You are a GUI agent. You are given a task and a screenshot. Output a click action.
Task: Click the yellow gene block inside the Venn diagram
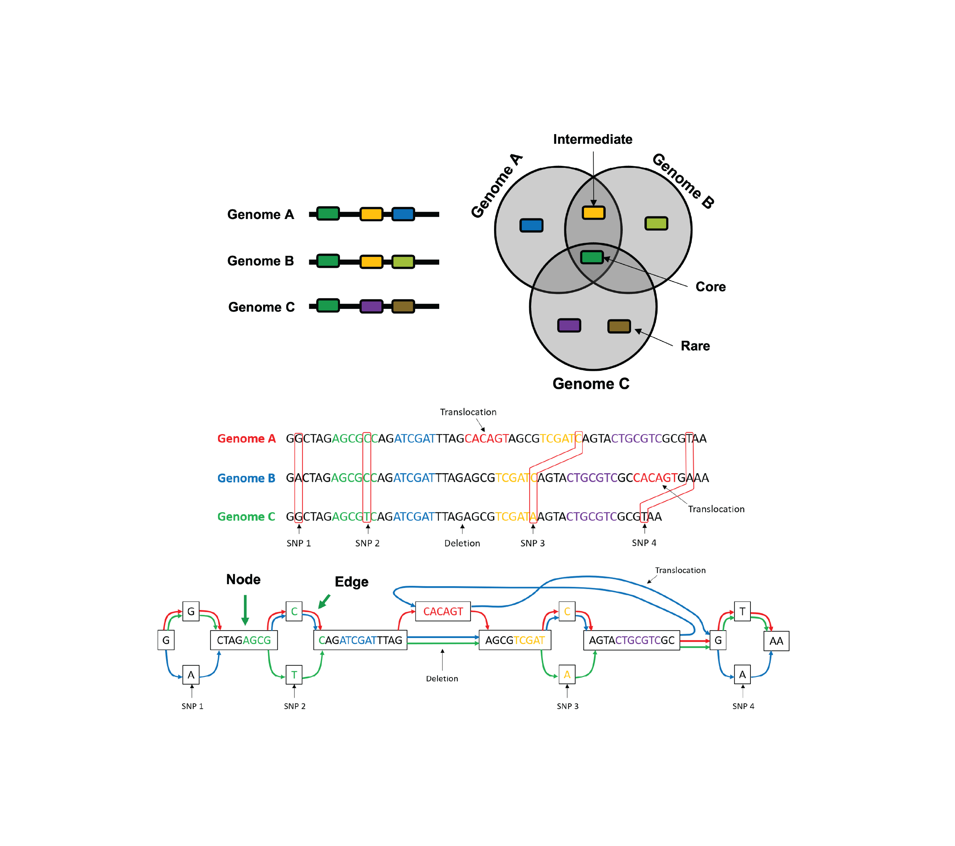(593, 213)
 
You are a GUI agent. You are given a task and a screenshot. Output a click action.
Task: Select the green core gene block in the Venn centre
(592, 257)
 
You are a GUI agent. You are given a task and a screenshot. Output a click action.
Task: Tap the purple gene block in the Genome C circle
(569, 325)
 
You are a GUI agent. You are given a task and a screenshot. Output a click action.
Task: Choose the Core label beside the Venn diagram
(710, 287)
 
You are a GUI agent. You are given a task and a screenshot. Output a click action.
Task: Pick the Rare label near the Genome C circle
(695, 346)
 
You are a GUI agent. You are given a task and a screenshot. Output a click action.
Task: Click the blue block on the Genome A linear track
(403, 214)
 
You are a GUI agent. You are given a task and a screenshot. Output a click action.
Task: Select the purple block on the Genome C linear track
(371, 307)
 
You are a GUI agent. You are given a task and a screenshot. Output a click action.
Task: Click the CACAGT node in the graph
(443, 611)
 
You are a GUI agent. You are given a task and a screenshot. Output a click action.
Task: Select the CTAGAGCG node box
(244, 640)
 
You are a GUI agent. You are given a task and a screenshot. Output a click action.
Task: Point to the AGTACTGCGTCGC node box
(632, 640)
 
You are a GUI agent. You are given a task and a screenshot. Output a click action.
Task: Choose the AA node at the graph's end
(776, 641)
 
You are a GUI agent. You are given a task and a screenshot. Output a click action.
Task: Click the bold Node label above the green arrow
(243, 579)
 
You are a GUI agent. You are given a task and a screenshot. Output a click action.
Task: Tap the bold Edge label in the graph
(351, 582)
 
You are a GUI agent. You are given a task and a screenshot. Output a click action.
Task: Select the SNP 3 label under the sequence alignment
(532, 543)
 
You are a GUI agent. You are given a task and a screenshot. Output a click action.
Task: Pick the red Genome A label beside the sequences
(246, 438)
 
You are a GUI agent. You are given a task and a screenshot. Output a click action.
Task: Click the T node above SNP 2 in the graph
(294, 674)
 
